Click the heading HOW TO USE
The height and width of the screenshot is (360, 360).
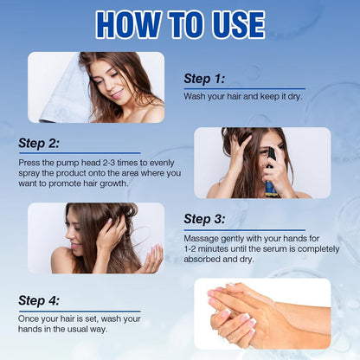coord(180,24)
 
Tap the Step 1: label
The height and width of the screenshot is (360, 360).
coord(204,79)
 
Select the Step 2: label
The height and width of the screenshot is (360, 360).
coord(39,143)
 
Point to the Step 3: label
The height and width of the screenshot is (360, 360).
coord(204,219)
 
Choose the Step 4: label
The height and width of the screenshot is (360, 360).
coord(39,300)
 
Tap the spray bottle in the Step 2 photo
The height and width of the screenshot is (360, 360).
coord(271,173)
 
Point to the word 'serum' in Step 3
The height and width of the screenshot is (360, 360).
coord(277,248)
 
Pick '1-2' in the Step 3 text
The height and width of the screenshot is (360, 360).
coord(190,248)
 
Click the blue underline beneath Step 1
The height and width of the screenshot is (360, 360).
coord(245,89)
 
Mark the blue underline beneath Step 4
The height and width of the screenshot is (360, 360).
coord(80,312)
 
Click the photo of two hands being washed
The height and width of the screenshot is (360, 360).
coord(262,314)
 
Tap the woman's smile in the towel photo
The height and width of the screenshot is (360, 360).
coord(118,94)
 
